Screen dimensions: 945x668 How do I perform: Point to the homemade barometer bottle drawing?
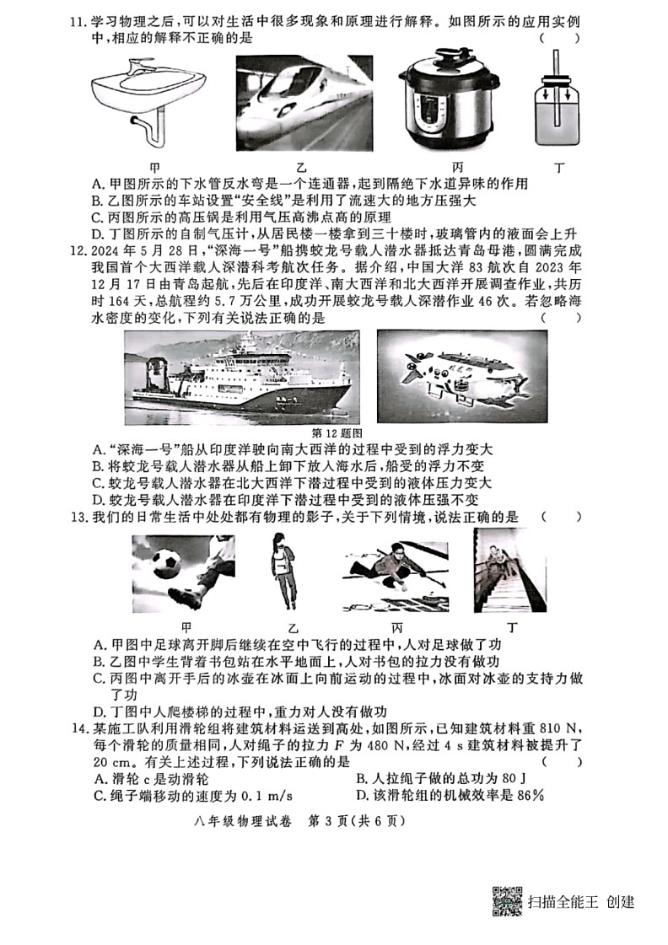click(x=555, y=105)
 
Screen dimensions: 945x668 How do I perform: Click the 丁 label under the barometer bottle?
click(x=558, y=167)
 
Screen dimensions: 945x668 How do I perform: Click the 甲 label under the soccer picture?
click(x=186, y=628)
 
